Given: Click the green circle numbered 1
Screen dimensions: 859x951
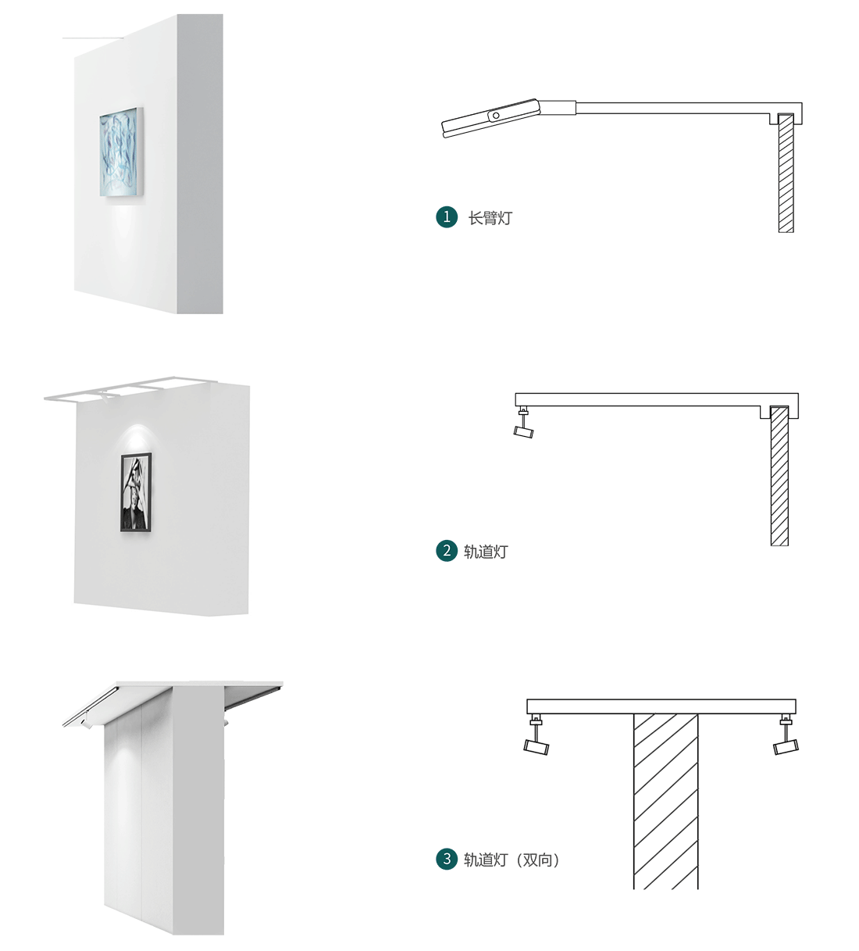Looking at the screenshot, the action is click(447, 217).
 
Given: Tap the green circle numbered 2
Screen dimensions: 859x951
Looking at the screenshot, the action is click(447, 551).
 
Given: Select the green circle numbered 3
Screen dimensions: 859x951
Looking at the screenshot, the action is click(447, 859).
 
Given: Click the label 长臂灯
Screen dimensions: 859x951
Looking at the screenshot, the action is click(490, 218).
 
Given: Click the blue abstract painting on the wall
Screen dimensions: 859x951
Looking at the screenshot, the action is click(121, 152).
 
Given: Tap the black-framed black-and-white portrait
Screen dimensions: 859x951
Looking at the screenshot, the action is click(136, 492).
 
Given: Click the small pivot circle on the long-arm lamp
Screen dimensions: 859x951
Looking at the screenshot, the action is click(496, 116).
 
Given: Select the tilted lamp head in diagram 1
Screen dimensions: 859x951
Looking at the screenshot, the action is click(491, 119).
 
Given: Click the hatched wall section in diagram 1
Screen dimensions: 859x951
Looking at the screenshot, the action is click(786, 173).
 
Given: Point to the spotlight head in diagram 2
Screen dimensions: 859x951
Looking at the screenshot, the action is click(523, 431).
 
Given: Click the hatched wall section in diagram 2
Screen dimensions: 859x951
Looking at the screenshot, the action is click(779, 476).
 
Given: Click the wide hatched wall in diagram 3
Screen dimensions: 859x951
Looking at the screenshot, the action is click(665, 802).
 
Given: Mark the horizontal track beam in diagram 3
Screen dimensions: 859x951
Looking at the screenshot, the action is click(661, 706).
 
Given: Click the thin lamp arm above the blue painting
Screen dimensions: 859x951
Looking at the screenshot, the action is click(93, 38).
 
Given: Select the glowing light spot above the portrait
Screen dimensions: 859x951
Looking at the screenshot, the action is click(136, 437).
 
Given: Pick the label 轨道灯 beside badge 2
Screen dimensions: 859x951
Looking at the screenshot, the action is click(486, 552).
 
